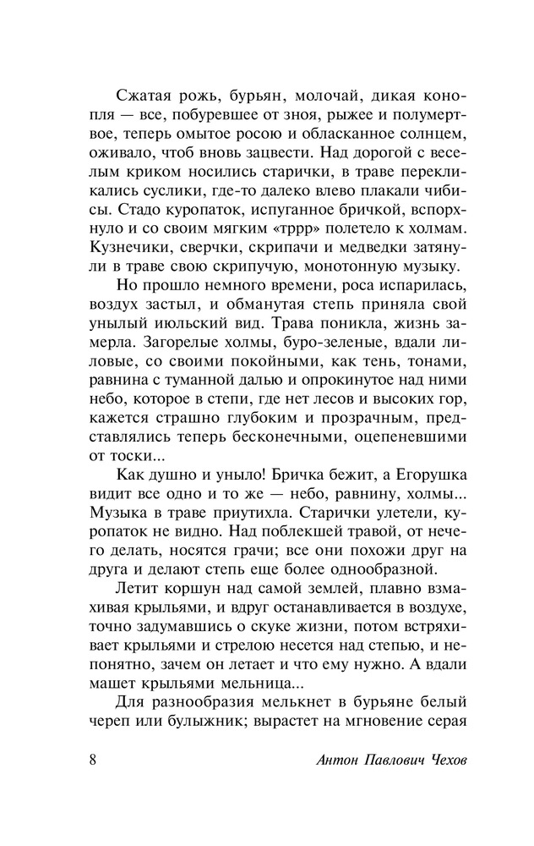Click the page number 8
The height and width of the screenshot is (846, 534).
[x=92, y=757]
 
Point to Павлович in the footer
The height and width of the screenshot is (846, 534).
[x=390, y=758]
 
